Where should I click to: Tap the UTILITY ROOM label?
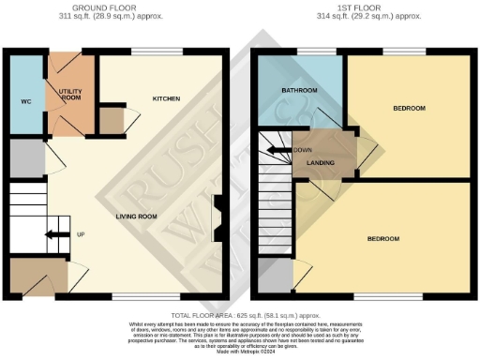(72, 95)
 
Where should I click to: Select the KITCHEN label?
(166, 98)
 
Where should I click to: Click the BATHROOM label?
(299, 90)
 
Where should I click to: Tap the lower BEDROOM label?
(382, 239)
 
